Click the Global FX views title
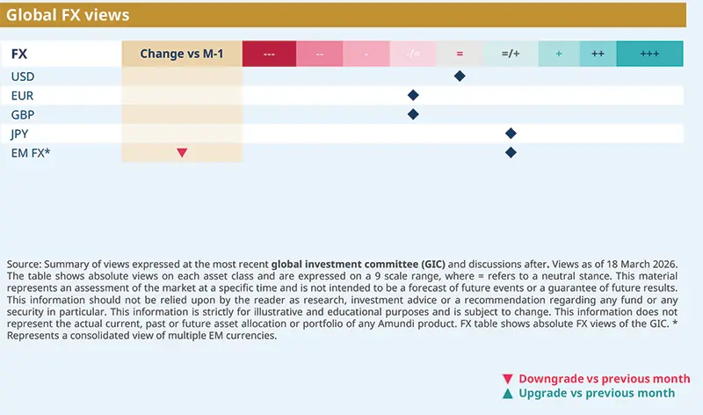[69, 15]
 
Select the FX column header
[18, 54]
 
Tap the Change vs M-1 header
[182, 54]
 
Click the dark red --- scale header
[269, 54]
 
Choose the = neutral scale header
[459, 54]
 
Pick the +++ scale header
[649, 54]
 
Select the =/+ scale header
[511, 54]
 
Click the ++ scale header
[598, 54]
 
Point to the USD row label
[23, 76]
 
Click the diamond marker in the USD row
[459, 76]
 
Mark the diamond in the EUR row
[413, 95]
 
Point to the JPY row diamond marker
[511, 134]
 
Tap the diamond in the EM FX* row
[511, 153]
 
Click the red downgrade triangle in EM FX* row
[182, 153]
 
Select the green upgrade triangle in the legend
[507, 393]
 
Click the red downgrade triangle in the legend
[507, 379]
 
